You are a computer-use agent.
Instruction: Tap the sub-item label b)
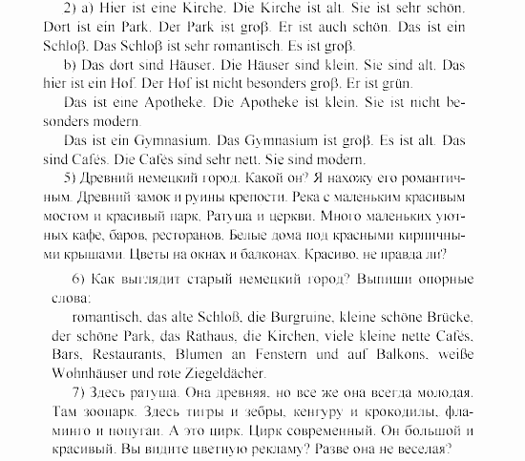click(68, 66)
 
